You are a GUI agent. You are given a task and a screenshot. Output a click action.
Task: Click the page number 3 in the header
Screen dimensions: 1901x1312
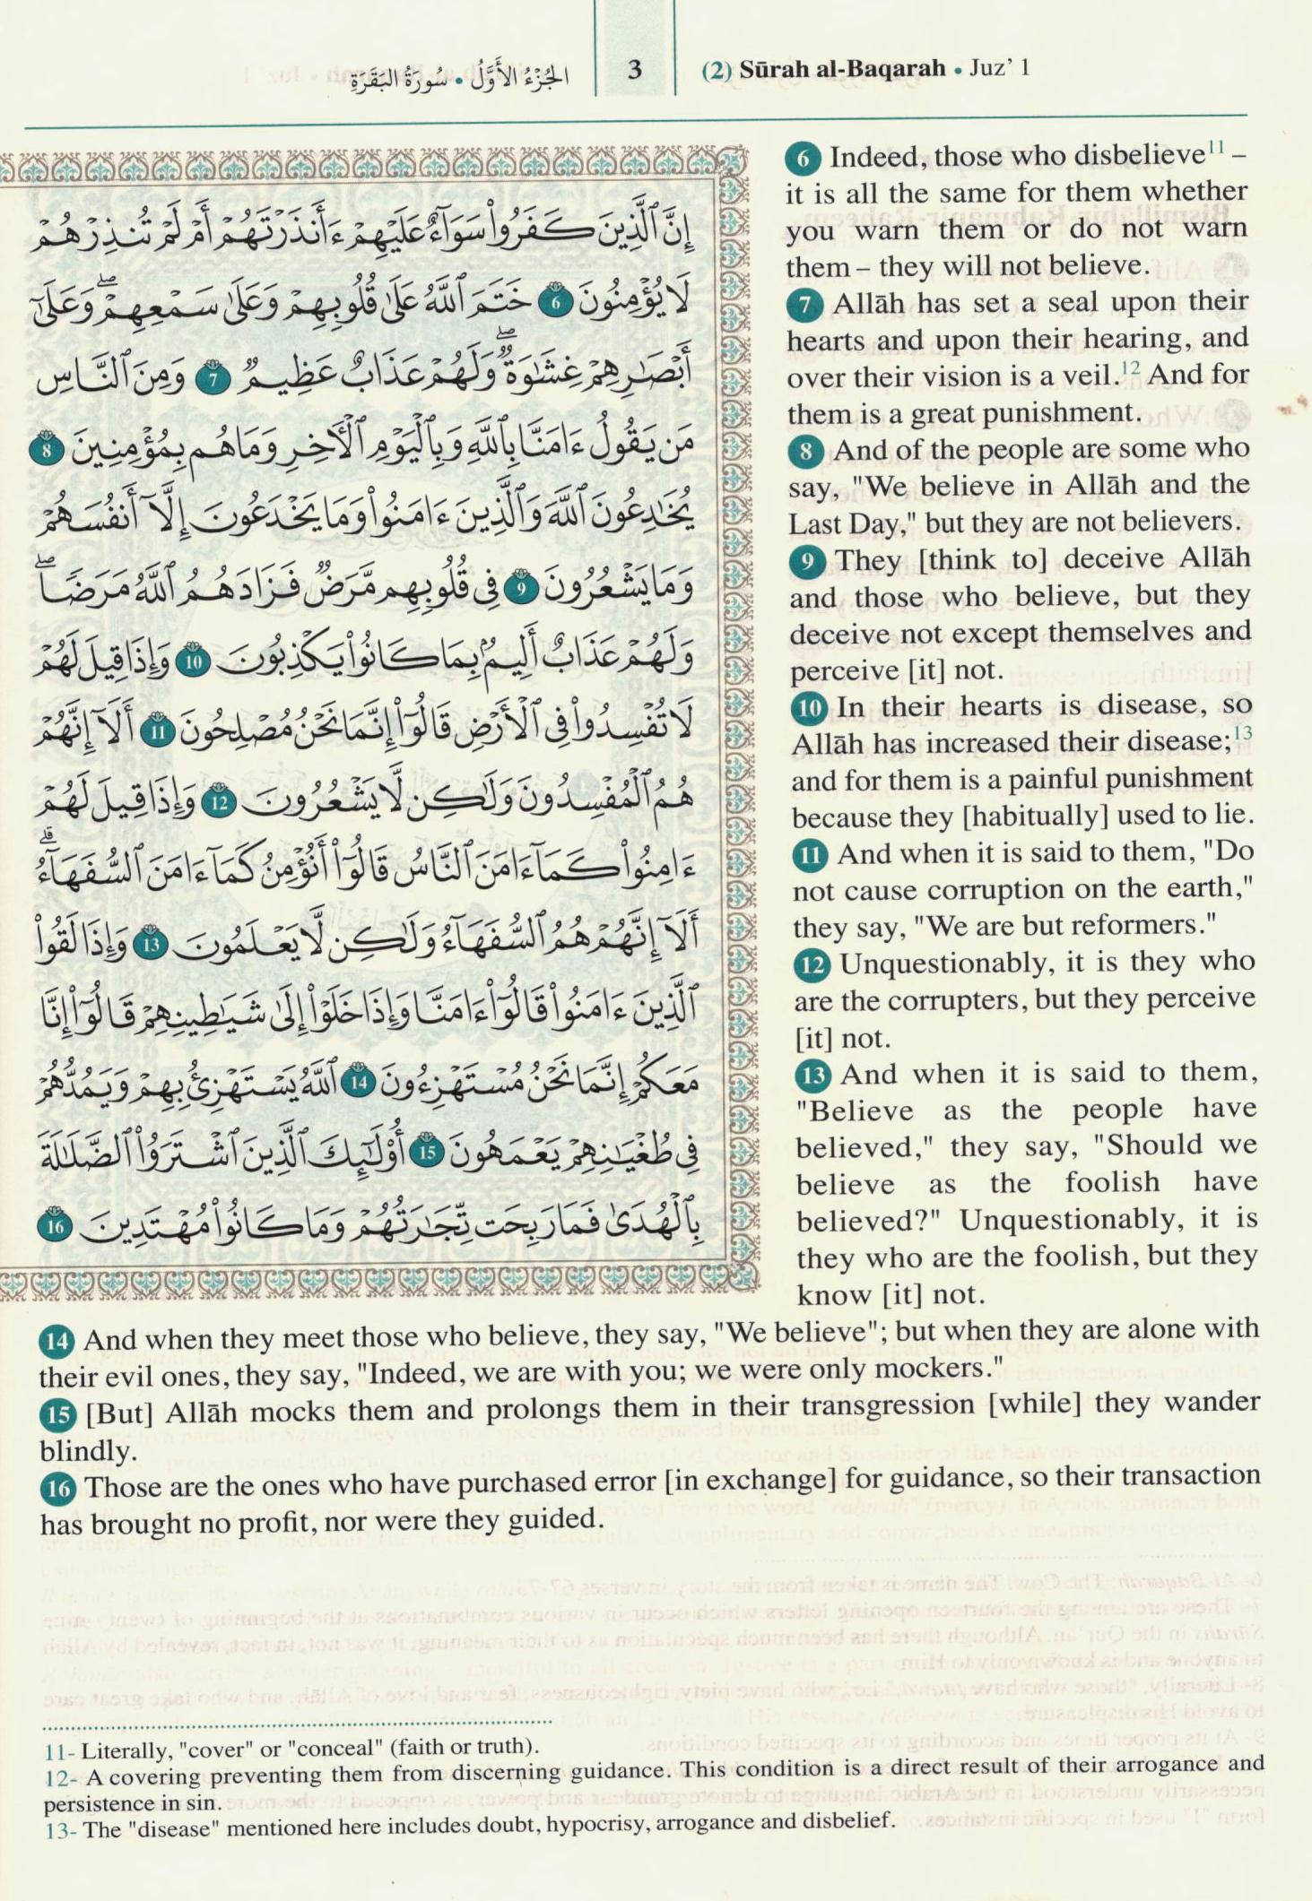pyautogui.click(x=635, y=70)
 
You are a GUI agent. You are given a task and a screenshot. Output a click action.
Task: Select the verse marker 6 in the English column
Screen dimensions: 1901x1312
pyautogui.click(x=803, y=160)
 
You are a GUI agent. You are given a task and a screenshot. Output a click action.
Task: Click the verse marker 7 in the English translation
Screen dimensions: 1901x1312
pyautogui.click(x=804, y=305)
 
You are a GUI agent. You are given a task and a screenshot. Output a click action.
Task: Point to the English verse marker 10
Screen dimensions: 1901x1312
pyautogui.click(x=809, y=708)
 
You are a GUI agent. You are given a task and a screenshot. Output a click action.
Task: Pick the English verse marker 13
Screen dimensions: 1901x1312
pyautogui.click(x=813, y=1074)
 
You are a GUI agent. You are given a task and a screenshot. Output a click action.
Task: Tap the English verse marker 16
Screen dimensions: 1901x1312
pyautogui.click(x=57, y=1489)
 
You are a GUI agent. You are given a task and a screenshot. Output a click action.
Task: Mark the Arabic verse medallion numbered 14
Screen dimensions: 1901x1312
pyautogui.click(x=361, y=1081)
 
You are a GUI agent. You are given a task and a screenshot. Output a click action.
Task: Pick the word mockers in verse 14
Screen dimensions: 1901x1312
pyautogui.click(x=934, y=1369)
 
